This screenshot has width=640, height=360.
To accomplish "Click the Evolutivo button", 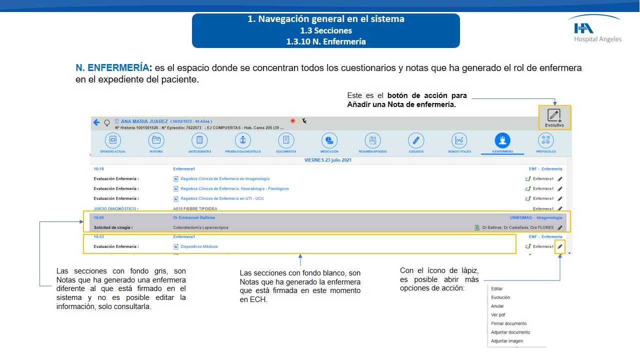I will click(x=554, y=118).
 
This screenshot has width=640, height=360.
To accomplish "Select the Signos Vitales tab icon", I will click(x=459, y=141).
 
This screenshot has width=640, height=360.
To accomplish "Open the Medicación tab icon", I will click(x=329, y=141).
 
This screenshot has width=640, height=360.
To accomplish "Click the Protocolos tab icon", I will click(x=545, y=141).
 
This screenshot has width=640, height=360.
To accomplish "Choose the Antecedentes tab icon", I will click(x=199, y=141).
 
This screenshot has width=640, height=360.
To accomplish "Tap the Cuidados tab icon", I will click(x=415, y=141).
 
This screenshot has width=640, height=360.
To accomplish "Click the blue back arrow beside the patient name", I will click(x=96, y=122).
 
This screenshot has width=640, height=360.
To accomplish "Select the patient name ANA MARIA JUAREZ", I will click(x=144, y=121).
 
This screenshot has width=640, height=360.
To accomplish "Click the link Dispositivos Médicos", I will click(x=199, y=246).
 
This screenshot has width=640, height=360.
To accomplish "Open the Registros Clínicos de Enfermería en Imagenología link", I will click(x=225, y=179).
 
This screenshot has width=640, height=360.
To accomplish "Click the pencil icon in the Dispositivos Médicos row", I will click(x=560, y=246).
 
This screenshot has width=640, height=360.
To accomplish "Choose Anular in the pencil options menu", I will click(x=497, y=306).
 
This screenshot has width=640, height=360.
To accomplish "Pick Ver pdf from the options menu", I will click(x=498, y=315).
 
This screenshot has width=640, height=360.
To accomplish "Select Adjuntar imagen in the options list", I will click(x=507, y=341).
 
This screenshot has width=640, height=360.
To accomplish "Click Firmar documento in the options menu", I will click(x=508, y=323).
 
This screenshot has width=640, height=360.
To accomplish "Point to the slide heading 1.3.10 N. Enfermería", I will click(x=325, y=41).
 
